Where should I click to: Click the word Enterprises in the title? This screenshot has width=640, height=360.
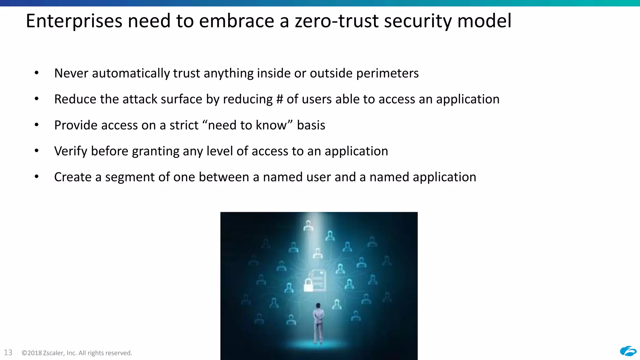click(74, 21)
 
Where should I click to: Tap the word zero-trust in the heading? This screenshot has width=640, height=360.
click(337, 21)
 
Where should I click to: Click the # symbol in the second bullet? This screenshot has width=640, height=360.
click(279, 99)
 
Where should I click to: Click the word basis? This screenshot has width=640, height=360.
click(311, 125)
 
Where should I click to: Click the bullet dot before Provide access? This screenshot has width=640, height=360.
click(37, 125)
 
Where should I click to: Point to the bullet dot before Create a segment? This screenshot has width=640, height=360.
click(37, 177)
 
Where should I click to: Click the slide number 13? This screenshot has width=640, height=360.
click(8, 352)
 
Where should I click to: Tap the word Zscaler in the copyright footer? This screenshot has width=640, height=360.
click(54, 353)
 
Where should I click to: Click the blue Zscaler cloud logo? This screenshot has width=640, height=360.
click(628, 351)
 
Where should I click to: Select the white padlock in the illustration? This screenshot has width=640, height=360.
click(308, 285)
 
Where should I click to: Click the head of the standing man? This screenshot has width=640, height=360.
click(318, 305)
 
